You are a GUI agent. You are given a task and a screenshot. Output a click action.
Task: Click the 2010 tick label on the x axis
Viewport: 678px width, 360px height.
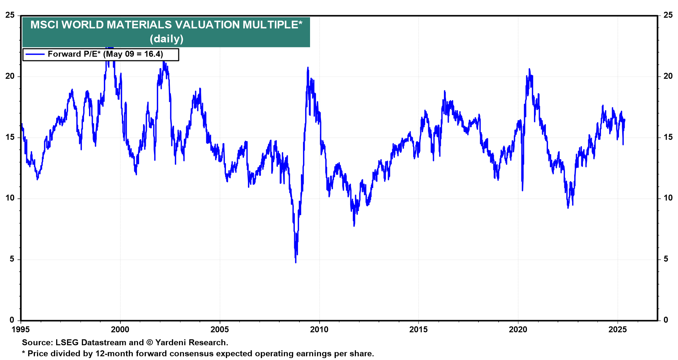click(319, 330)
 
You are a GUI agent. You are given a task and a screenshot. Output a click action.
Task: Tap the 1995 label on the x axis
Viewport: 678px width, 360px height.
click(21, 330)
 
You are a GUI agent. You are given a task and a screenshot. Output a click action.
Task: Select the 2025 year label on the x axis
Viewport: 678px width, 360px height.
click(618, 330)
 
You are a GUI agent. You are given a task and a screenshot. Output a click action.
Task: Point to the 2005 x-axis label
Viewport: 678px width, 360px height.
click(220, 330)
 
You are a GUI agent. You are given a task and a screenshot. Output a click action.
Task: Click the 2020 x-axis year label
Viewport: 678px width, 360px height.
click(518, 330)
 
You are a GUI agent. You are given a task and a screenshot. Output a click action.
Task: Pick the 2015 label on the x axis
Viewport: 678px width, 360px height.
click(418, 330)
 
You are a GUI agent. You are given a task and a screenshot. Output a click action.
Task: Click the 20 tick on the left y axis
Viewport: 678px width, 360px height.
click(10, 76)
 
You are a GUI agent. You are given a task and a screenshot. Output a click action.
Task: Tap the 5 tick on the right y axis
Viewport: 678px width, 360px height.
click(666, 259)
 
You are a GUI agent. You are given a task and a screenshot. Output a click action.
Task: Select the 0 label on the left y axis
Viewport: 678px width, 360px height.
click(12, 320)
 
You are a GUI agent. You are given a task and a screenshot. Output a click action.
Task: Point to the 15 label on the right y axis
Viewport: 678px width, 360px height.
click(668, 137)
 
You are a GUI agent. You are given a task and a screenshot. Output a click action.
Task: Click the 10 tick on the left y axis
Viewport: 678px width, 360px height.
click(10, 198)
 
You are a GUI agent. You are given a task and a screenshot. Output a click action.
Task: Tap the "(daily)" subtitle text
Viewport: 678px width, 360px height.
click(166, 38)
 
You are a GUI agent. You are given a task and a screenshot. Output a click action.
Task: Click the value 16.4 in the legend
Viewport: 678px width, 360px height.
click(153, 54)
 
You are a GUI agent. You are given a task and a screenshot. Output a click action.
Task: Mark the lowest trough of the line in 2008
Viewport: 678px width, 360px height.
click(296, 262)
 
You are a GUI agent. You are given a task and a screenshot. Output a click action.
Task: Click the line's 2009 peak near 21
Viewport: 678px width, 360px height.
click(308, 67)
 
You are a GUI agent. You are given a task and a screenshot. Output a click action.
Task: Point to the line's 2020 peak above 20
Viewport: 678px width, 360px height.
click(529, 69)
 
